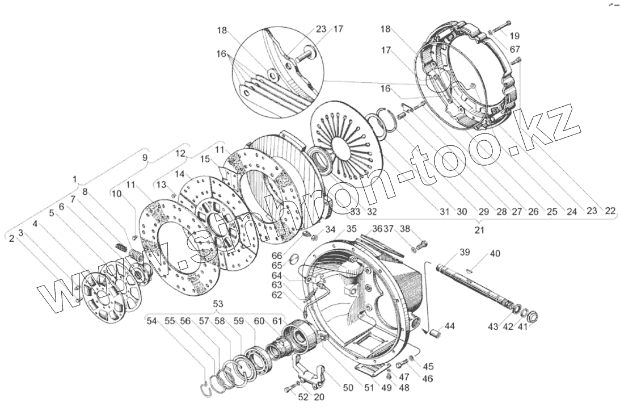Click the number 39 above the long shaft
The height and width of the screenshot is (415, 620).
[x=465, y=252]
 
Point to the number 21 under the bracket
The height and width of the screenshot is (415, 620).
[x=480, y=230]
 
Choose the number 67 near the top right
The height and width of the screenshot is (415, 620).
[x=514, y=49]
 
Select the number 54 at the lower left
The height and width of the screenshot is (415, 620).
[x=151, y=321]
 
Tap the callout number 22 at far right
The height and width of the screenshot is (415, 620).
[x=609, y=211]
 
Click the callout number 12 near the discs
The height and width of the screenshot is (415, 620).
[x=180, y=154]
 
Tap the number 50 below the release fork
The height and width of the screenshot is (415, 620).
[x=348, y=388]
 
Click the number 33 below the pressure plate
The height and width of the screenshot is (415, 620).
[x=355, y=212]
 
